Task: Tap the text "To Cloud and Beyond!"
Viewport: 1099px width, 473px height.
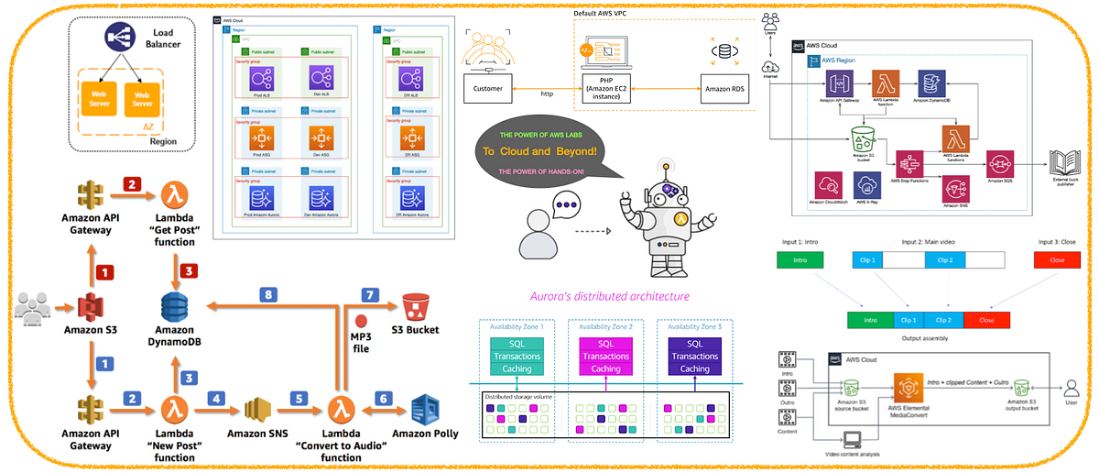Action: click(x=539, y=151)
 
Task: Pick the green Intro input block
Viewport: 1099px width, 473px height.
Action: click(x=800, y=259)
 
